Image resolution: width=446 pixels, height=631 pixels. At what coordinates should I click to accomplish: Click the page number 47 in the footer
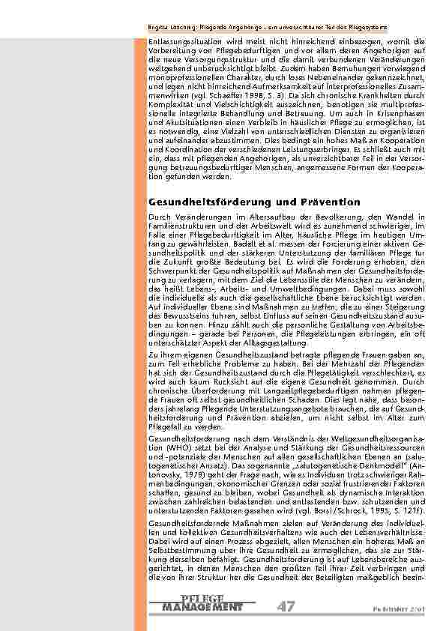click(x=285, y=606)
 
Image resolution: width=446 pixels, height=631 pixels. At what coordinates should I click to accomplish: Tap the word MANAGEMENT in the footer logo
click(x=202, y=606)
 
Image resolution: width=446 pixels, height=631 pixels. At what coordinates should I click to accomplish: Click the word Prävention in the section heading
click(x=326, y=202)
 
